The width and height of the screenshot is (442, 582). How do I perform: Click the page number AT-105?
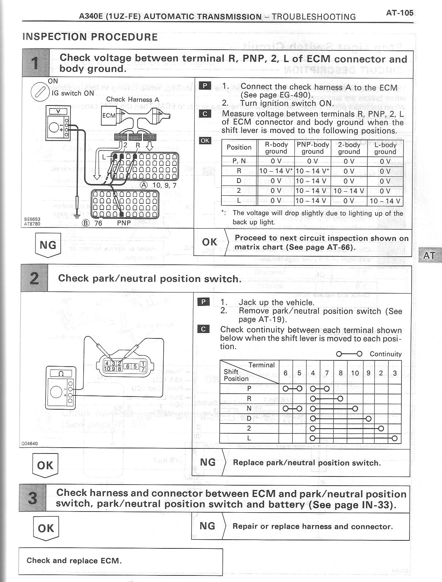pos(400,13)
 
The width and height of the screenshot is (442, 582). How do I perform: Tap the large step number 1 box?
pos(35,63)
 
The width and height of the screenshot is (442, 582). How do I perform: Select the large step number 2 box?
pos(34,279)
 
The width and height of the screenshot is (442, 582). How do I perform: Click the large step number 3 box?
pos(33,498)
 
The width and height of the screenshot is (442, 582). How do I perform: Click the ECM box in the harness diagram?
pos(108,115)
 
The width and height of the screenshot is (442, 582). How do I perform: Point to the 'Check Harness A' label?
pos(133,99)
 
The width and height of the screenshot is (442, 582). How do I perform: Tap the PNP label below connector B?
pos(123,223)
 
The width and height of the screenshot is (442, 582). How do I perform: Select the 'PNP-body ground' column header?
pos(313,148)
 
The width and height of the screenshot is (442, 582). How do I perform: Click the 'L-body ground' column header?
pos(385,148)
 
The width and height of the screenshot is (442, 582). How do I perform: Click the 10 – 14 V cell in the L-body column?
pos(385,201)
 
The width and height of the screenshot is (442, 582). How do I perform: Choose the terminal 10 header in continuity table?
pos(355,373)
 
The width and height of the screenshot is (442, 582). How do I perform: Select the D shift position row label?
pos(249,418)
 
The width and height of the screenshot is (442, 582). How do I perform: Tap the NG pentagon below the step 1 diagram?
pos(48,245)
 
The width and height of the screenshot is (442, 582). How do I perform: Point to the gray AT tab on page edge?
pos(429,255)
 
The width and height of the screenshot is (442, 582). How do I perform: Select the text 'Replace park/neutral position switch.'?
pos(306,463)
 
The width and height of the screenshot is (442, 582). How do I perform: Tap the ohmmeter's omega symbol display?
pos(61,374)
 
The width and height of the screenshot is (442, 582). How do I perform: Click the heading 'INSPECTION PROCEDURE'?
pos(90,37)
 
